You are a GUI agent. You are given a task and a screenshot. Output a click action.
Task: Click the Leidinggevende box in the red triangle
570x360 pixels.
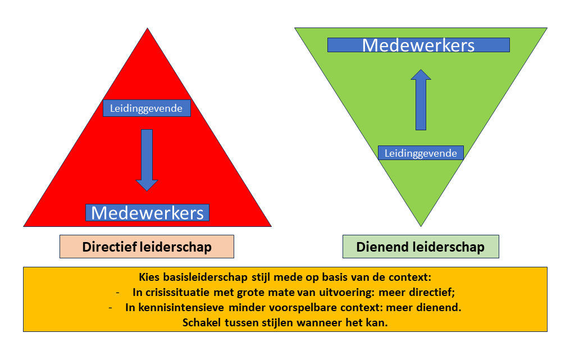[x=147, y=108]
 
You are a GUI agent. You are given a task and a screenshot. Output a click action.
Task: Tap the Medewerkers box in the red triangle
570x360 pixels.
[x=147, y=213]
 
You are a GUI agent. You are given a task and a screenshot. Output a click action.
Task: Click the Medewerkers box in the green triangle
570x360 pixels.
[x=418, y=45]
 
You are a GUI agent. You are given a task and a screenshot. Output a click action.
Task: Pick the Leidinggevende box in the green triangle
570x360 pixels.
[x=421, y=153]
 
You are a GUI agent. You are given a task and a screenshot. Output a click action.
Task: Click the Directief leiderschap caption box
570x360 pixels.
[x=147, y=247]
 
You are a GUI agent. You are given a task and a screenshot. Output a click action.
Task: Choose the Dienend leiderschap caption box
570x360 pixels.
[x=421, y=247]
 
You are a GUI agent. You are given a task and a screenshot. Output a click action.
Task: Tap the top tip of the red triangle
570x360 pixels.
[x=148, y=30]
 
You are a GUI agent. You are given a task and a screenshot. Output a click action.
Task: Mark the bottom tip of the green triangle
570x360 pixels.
[x=421, y=225]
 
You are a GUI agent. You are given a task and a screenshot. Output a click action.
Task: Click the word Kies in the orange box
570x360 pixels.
[x=148, y=277]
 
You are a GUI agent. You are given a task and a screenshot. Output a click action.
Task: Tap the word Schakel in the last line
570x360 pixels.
[x=201, y=323]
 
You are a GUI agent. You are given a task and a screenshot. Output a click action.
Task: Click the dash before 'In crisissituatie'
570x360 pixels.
[x=117, y=293]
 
